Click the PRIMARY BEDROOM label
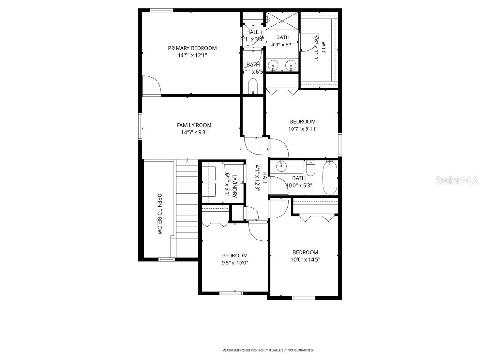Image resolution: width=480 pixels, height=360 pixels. [x=192, y=48]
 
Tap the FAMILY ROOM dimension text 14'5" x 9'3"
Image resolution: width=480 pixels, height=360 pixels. [x=194, y=132]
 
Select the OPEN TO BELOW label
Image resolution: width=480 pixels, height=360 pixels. [x=159, y=214]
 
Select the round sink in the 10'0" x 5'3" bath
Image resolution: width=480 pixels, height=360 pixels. [x=281, y=165]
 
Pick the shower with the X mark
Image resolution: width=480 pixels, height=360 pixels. [x=282, y=21]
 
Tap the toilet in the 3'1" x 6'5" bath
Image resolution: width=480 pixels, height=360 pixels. [x=253, y=85]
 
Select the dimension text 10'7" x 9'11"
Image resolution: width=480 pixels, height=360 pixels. [x=302, y=129]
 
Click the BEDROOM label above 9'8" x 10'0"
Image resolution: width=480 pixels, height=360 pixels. [x=234, y=255]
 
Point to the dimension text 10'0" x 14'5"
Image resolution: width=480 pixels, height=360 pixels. [x=305, y=259]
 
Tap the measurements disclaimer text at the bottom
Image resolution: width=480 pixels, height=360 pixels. [x=268, y=350]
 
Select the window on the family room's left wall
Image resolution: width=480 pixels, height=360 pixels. [x=140, y=126]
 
